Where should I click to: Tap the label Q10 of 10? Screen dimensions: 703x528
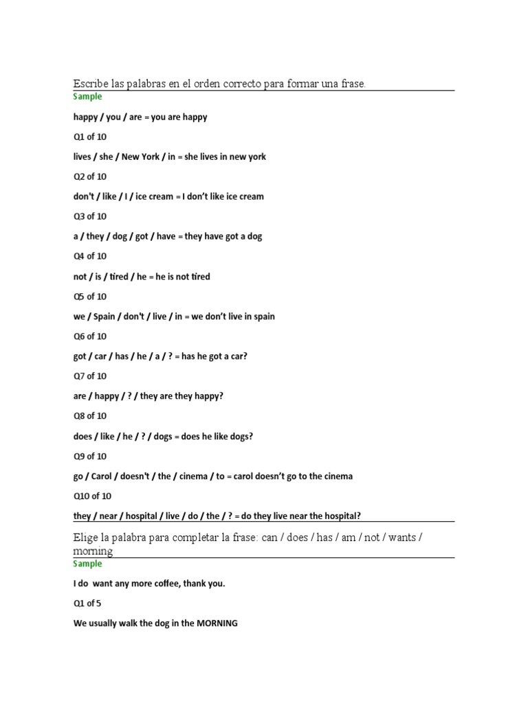92,496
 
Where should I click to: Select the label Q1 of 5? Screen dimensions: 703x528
87,603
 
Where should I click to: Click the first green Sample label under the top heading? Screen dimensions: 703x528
87,97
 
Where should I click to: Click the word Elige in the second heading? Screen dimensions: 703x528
87,537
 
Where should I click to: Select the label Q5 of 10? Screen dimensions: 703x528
90,297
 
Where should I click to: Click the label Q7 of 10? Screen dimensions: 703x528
90,376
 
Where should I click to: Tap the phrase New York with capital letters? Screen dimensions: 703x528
140,157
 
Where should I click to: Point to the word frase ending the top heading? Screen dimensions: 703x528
352,83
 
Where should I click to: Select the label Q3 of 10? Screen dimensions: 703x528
90,216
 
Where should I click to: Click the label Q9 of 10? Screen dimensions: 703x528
90,456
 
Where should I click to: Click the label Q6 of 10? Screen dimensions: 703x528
90,336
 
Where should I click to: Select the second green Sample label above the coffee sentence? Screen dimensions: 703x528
87,564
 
